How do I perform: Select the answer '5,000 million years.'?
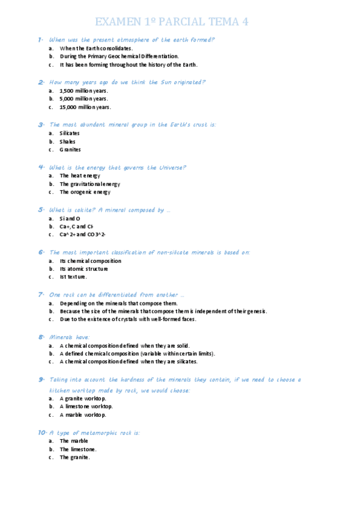click(84, 99)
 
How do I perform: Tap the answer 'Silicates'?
click(70, 134)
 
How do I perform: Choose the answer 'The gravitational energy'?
click(90, 184)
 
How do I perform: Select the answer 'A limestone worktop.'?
click(83, 407)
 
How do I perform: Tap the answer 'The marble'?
click(73, 441)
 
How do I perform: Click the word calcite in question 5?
click(82, 210)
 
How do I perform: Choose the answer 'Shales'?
click(67, 142)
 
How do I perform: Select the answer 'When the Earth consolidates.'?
click(96, 48)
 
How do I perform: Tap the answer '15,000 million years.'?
click(85, 107)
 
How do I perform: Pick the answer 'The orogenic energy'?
click(85, 192)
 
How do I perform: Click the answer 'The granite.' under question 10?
click(75, 457)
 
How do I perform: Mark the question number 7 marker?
click(41, 295)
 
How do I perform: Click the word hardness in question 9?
click(169, 379)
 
